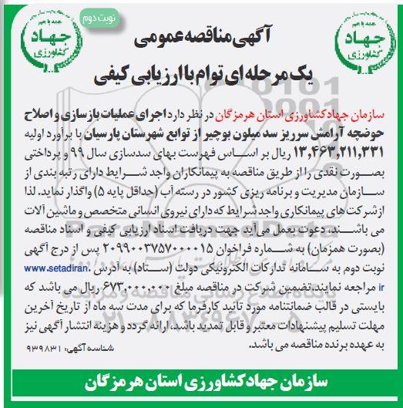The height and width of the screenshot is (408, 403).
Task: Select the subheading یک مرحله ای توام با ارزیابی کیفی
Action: pyautogui.click(x=201, y=77)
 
